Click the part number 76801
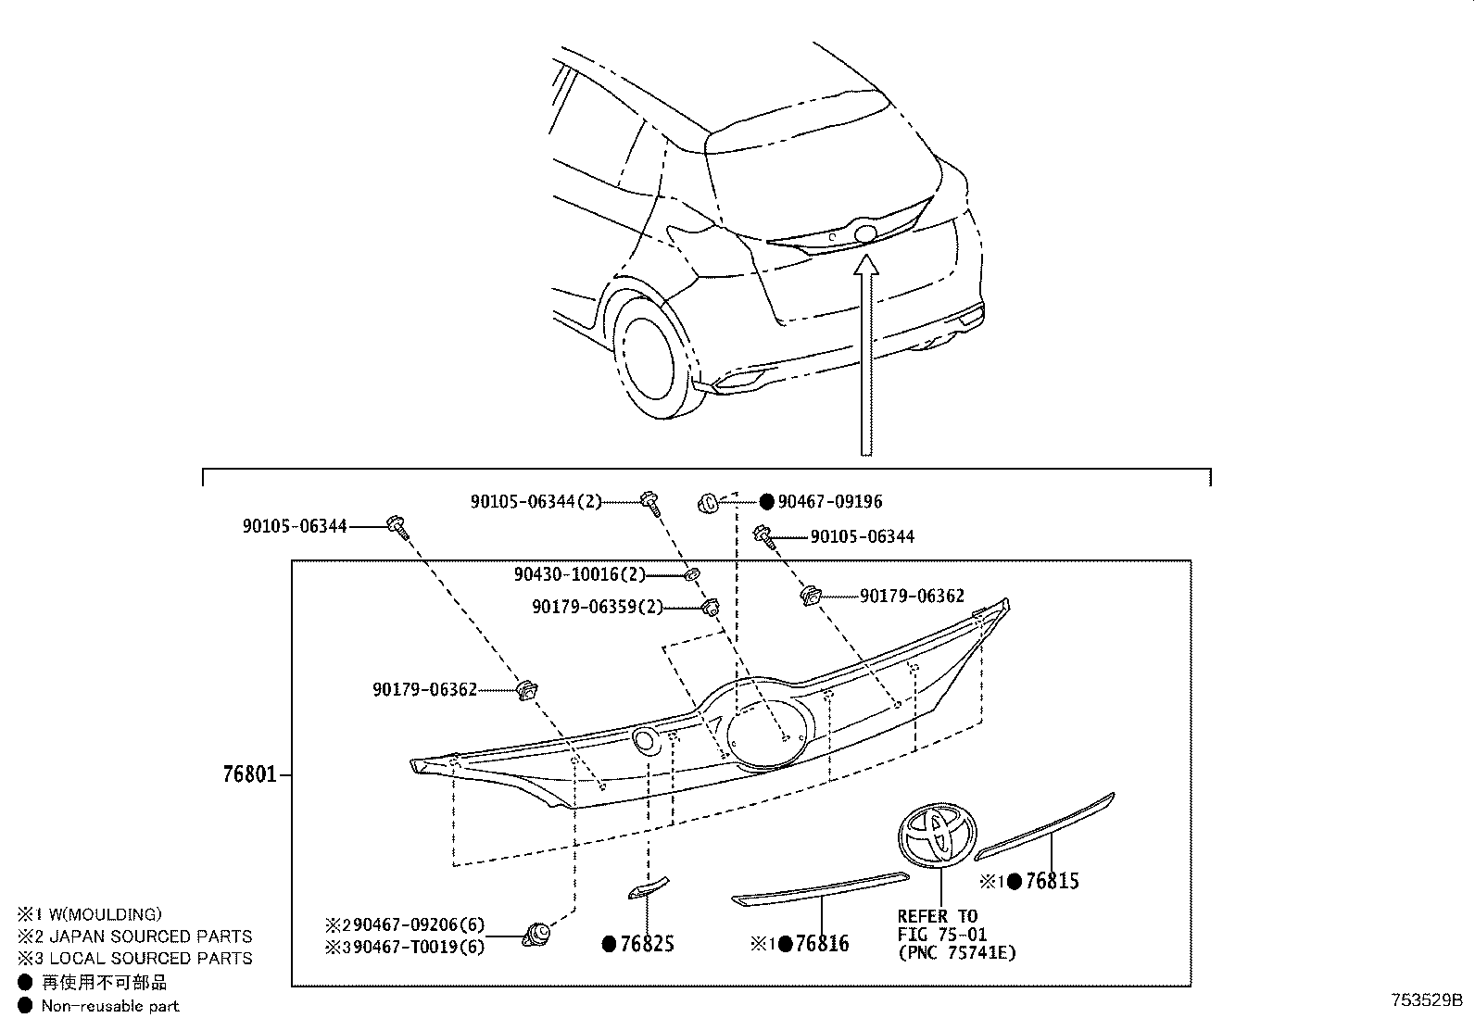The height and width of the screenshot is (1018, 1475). (249, 773)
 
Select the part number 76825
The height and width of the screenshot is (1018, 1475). (647, 944)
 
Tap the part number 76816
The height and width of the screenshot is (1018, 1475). (821, 944)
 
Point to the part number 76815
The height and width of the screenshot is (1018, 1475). (1052, 881)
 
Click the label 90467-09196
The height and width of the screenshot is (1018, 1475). (830, 501)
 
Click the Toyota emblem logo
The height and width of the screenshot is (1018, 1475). (938, 835)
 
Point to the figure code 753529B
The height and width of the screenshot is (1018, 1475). (1425, 1000)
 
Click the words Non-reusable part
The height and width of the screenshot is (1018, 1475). (110, 1005)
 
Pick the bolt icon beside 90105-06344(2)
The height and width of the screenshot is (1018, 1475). (650, 503)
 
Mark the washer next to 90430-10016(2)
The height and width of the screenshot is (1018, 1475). (690, 575)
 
